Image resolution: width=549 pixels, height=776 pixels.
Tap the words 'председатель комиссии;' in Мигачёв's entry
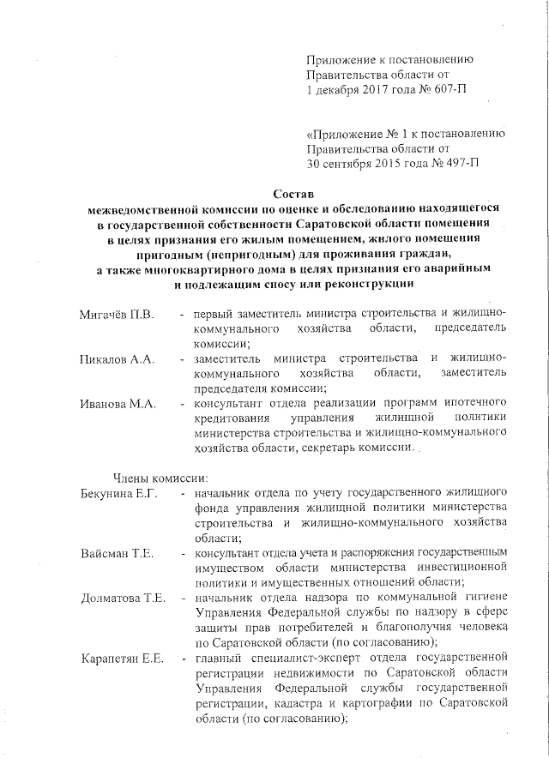pos(462,329)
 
